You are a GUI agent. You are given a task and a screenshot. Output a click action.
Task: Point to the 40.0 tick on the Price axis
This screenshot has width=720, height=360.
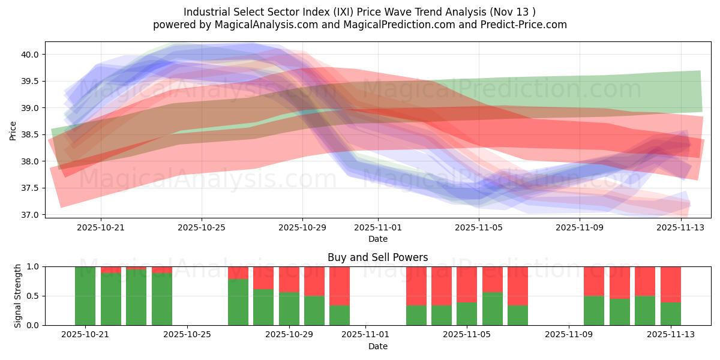pos(30,55)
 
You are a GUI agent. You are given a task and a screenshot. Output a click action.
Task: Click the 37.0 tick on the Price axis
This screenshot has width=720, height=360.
pos(30,215)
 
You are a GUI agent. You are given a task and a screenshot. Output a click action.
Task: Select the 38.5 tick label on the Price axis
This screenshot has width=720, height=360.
pos(30,135)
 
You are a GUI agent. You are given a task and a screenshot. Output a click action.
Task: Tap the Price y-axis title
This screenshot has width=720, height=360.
pos(13,130)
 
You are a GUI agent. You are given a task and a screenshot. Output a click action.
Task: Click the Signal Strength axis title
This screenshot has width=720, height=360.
pos(18,296)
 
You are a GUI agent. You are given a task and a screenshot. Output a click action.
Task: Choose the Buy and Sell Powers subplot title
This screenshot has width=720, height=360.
pos(377,257)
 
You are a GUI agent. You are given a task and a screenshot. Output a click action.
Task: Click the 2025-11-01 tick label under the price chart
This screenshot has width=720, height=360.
pos(378,227)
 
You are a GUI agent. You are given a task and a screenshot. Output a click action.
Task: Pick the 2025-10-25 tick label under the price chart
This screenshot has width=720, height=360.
pos(202,227)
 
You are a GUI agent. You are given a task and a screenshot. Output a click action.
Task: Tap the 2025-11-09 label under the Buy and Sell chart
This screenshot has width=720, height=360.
pos(568,335)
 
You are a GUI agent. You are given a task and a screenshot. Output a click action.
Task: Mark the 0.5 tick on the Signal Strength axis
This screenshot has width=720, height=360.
pos(33,296)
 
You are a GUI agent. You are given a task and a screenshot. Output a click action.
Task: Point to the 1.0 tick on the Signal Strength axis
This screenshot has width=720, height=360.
pos(33,266)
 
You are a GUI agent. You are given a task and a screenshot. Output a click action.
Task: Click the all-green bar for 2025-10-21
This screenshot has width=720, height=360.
pos(85,296)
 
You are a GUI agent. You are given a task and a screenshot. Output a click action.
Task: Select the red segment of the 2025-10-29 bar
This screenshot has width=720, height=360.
pos(289,279)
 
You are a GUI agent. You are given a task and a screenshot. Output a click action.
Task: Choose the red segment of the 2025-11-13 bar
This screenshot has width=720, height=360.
pos(670,284)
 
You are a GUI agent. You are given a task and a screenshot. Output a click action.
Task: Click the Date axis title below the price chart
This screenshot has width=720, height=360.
pos(377,239)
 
